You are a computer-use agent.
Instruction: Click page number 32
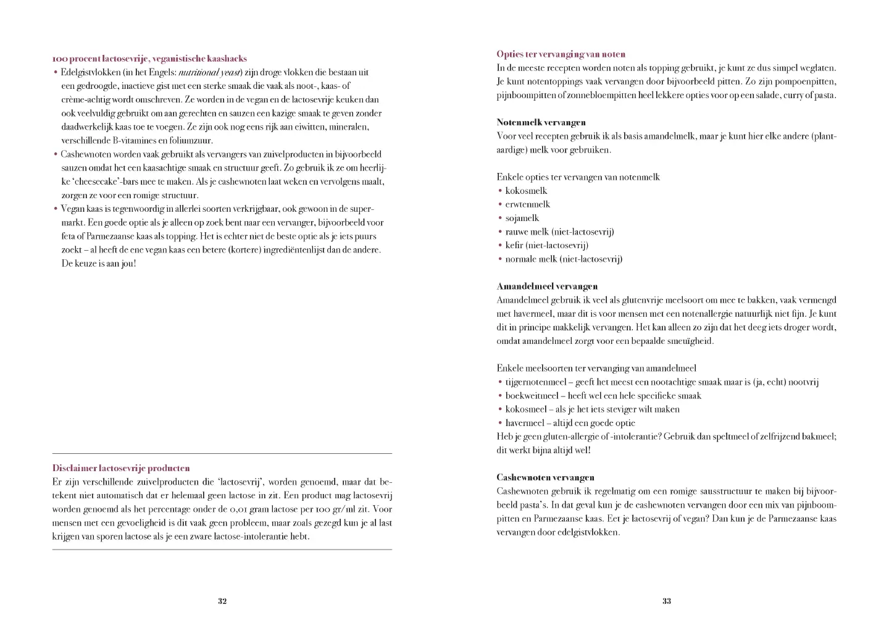222,601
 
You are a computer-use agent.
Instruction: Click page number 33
667,601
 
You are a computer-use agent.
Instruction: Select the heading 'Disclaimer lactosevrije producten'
121,468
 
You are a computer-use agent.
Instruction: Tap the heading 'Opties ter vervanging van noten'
561,54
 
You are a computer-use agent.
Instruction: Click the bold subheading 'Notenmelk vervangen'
541,122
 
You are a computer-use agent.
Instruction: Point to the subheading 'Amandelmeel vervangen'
547,287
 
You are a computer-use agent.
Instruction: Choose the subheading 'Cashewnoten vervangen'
545,477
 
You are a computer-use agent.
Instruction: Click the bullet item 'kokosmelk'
526,191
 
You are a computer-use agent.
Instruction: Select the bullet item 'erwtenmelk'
527,204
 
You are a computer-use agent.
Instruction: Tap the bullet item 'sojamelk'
522,218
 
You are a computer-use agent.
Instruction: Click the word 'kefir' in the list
514,245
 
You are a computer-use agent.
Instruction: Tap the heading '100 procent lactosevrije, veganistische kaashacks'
149,59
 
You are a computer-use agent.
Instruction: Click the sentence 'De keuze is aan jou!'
98,264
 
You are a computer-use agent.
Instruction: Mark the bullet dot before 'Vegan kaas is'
56,209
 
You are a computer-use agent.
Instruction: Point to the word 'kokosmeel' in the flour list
525,409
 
